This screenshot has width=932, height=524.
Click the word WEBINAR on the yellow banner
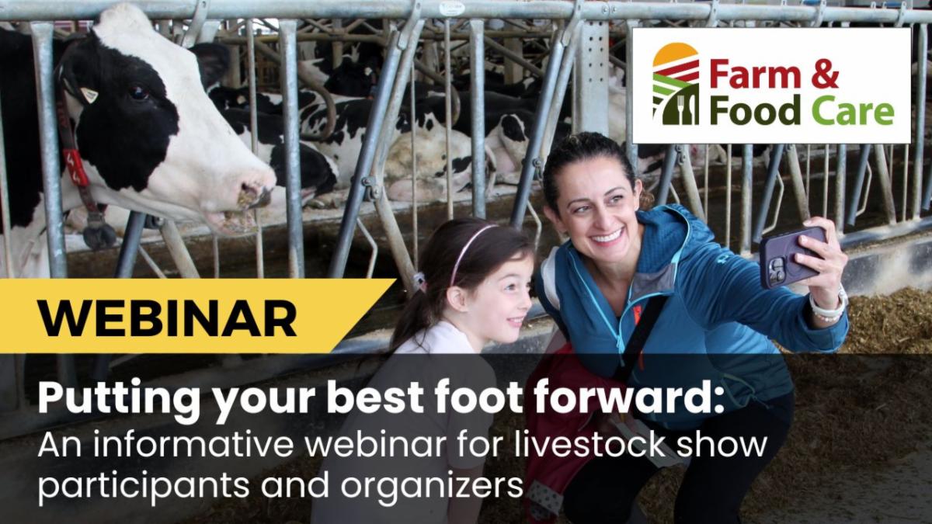[167, 318]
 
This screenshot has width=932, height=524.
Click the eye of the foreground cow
[138, 92]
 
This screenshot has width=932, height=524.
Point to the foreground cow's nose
[254, 196]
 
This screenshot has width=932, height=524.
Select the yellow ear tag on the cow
[89, 95]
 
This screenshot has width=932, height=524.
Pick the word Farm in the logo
[754, 73]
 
